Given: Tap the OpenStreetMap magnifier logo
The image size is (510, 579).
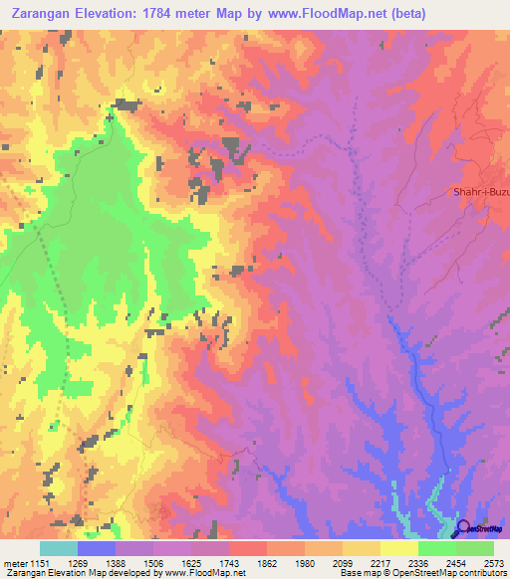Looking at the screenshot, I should coord(465,527).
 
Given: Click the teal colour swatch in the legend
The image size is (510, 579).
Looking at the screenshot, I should coord(59,548).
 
